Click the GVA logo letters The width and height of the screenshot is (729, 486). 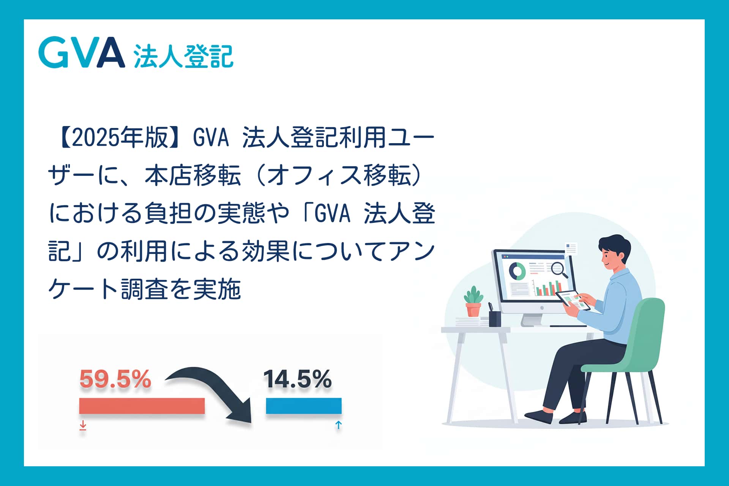82,52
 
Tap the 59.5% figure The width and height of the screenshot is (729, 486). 115,379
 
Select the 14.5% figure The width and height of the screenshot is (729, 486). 297,379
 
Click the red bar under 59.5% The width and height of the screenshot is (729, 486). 142,406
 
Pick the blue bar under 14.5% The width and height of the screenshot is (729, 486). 304,406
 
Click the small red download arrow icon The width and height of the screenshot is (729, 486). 83,426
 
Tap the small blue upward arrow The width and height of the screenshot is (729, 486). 339,425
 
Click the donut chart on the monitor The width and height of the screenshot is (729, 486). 517,270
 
